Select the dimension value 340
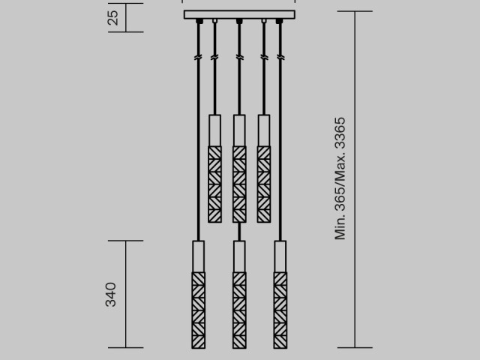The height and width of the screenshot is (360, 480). click(111, 294)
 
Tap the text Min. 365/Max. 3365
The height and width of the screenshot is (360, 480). click(340, 178)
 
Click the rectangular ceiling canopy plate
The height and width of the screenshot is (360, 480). click(239, 14)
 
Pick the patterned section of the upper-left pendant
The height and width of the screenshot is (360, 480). click(214, 184)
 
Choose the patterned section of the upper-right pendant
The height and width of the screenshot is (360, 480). click(263, 184)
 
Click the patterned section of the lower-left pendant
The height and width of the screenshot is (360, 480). click(199, 310)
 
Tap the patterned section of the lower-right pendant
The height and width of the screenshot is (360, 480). click(280, 310)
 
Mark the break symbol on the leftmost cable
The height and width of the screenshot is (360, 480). click(199, 57)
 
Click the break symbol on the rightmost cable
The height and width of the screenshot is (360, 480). click(280, 57)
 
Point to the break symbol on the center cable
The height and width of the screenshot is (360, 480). click(239, 57)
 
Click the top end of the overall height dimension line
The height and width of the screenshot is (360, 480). click(355, 12)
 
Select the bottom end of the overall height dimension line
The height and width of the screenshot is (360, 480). click(355, 347)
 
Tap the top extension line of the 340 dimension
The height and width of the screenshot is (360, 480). click(125, 241)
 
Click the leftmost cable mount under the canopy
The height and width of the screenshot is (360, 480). click(199, 22)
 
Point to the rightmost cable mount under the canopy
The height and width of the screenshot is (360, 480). click(280, 22)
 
